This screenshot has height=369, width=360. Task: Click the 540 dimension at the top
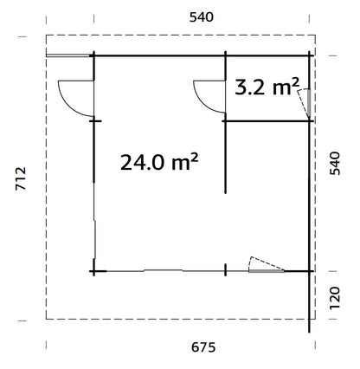[x=201, y=16]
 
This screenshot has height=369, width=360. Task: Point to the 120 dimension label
[x=340, y=295]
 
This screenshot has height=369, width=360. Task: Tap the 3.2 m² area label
[x=267, y=87]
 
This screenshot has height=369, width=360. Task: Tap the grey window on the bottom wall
[x=266, y=271]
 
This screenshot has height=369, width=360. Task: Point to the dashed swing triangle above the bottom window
[x=264, y=263]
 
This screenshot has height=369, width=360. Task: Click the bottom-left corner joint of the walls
[x=93, y=271]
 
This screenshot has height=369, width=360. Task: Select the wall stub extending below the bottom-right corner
[x=310, y=303]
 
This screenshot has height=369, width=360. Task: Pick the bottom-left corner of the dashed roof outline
[x=45, y=319]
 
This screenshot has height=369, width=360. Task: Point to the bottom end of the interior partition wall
[x=225, y=192]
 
